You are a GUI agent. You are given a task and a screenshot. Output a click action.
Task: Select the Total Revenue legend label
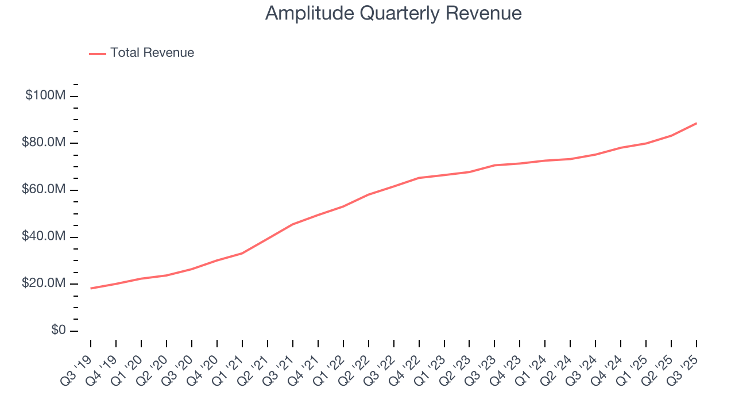[x=152, y=53]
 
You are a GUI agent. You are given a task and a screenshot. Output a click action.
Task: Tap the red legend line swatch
[x=98, y=53]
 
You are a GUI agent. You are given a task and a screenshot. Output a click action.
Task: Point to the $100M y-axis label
[x=45, y=95]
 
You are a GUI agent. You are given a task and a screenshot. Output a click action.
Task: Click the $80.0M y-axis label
[x=44, y=143]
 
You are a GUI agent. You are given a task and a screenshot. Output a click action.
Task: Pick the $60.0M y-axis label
[x=44, y=190]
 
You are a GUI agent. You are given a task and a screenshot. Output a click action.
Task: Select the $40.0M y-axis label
[x=44, y=237]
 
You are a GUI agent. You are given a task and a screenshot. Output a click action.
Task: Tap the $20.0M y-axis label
[x=44, y=284]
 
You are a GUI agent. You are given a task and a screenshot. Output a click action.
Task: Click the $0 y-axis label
[x=58, y=331]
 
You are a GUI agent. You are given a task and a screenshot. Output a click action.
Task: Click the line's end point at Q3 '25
[x=697, y=123]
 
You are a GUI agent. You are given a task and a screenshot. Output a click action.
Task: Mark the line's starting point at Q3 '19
[x=91, y=288]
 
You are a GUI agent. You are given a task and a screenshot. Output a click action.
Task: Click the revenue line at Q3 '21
[x=293, y=224]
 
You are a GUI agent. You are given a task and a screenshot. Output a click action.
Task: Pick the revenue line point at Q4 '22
[x=419, y=178]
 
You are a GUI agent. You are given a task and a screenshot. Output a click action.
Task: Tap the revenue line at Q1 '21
[x=242, y=253]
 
